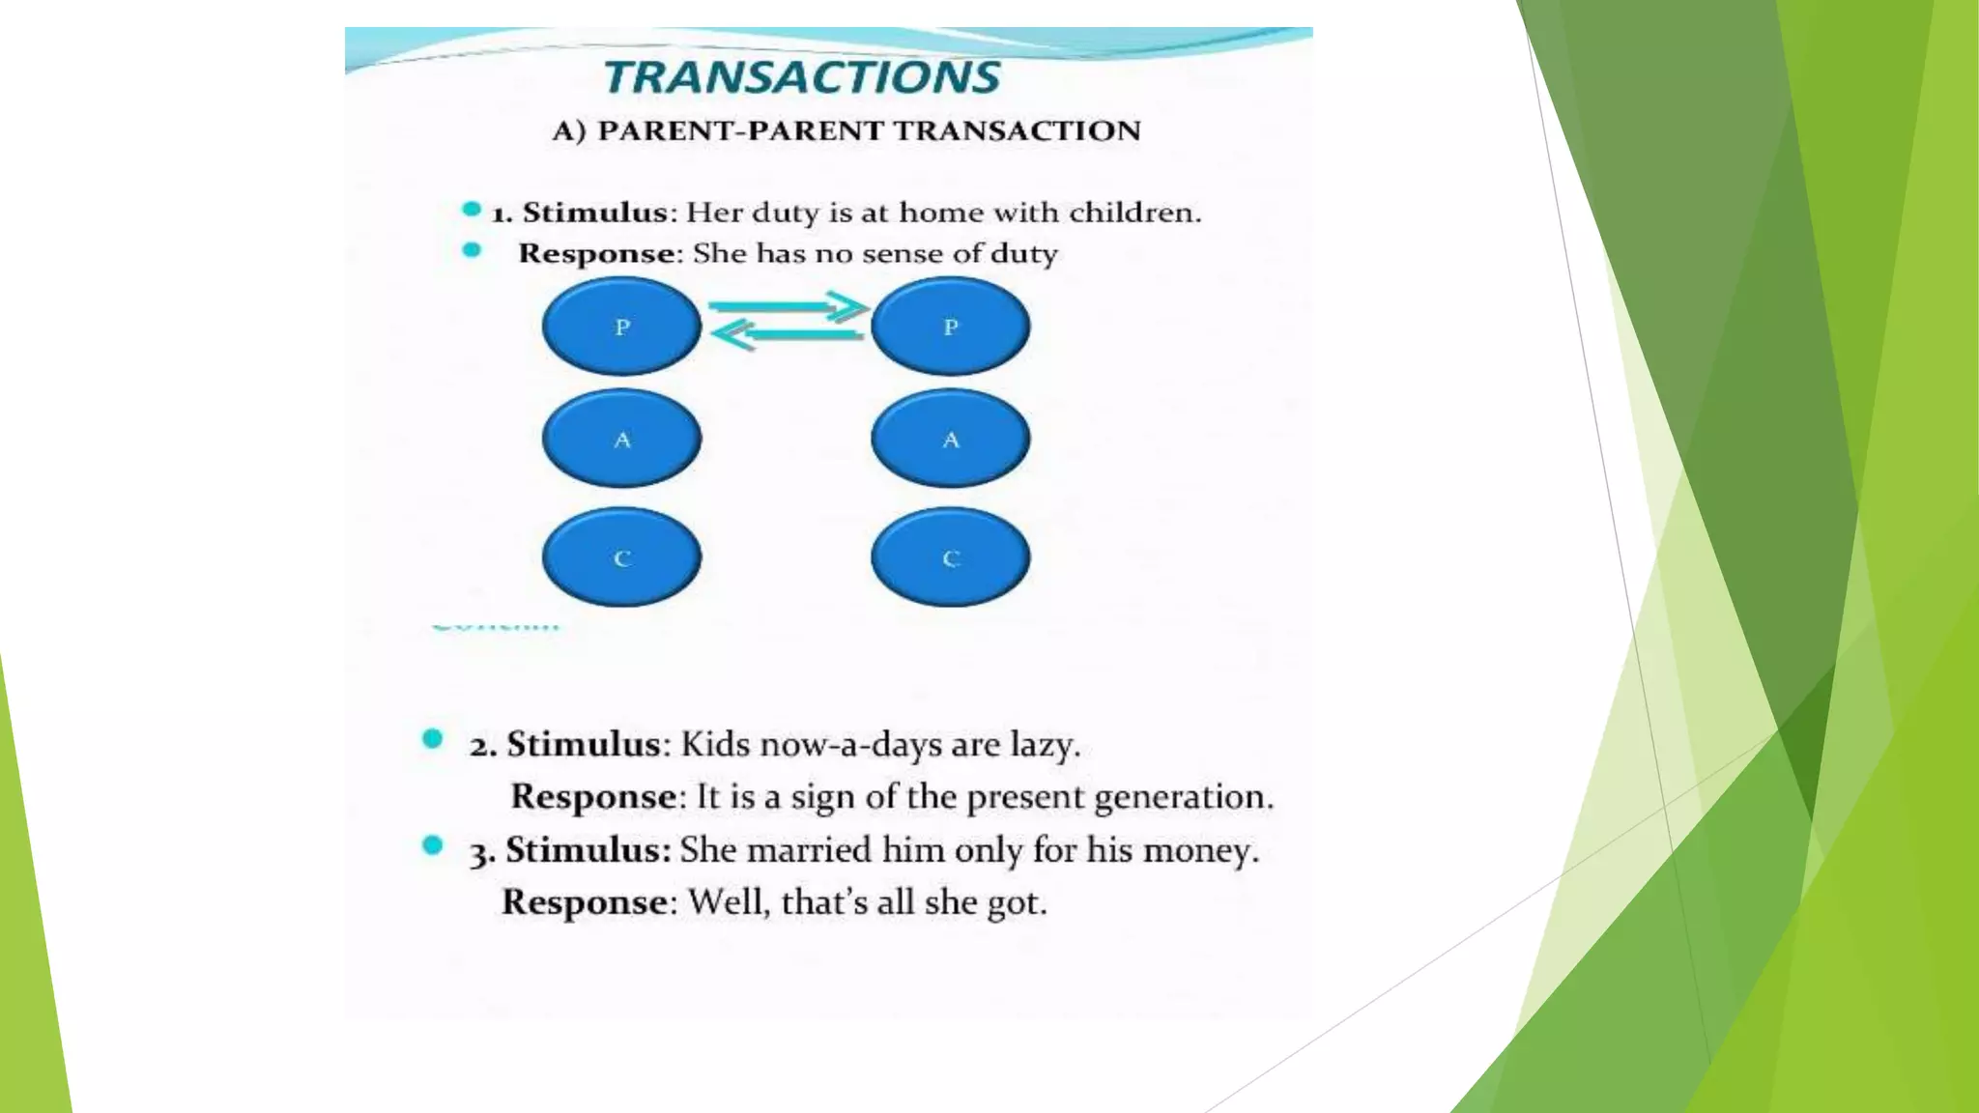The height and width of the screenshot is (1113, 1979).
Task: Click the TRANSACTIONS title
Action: (x=802, y=77)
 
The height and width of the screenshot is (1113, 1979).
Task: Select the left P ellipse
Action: (x=621, y=327)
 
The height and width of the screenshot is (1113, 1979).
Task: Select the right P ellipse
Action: (x=950, y=327)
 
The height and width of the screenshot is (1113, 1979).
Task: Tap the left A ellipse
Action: (x=621, y=439)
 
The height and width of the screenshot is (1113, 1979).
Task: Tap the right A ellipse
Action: (x=950, y=439)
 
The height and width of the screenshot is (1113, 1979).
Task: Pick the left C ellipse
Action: (x=621, y=557)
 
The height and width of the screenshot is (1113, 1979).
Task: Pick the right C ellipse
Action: (x=950, y=557)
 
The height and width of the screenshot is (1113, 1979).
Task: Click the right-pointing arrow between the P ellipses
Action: (x=789, y=307)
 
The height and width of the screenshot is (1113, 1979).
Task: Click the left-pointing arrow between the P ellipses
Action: (x=787, y=335)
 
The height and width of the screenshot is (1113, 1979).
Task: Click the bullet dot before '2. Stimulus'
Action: (x=433, y=740)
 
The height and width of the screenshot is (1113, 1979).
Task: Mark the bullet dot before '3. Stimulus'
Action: (x=433, y=846)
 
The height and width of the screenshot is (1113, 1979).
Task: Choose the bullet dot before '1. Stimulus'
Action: (x=472, y=210)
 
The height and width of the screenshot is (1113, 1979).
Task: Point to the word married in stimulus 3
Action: (x=808, y=850)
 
